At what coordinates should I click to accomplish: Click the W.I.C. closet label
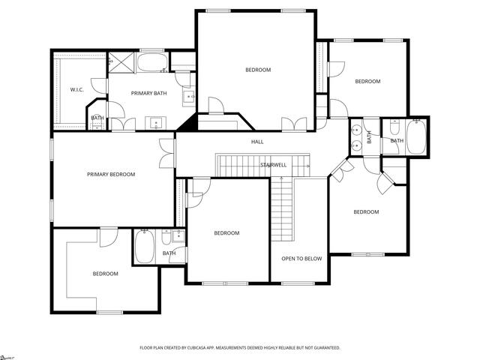point(76,90)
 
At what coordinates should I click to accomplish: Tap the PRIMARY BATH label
point(148,93)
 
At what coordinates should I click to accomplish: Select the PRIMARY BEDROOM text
point(111,175)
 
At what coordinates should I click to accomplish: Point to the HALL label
point(257,142)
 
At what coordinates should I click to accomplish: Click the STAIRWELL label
point(273,165)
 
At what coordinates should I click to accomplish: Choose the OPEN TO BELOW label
point(301,259)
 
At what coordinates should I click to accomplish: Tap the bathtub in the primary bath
point(154,61)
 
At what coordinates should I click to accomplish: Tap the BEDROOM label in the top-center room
point(258,70)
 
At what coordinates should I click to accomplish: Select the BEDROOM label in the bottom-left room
point(105,274)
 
